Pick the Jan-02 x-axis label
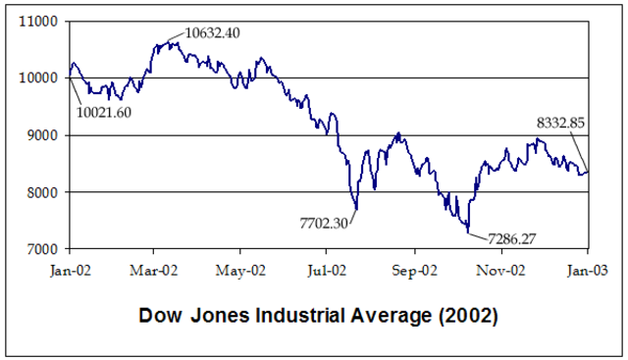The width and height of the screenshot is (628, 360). tap(69, 266)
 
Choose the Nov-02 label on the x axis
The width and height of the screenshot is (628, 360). tap(501, 266)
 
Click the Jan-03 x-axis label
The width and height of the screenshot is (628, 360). tap(588, 266)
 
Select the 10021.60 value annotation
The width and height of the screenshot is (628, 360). tap(103, 111)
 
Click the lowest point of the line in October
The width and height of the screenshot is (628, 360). tap(469, 233)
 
